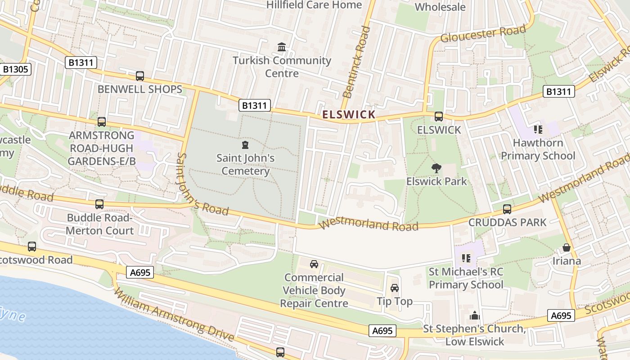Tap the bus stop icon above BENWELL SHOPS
click(140, 76)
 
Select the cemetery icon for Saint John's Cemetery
click(245, 145)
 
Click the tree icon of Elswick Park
click(436, 168)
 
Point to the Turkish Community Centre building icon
click(282, 47)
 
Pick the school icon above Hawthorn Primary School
click(538, 130)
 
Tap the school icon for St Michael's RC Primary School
click(466, 258)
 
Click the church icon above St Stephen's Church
click(475, 315)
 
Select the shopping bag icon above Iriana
click(566, 248)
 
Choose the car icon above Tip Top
click(395, 288)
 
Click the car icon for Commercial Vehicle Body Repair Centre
click(314, 264)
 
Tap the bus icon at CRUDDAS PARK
click(507, 209)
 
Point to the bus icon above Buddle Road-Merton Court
click(99, 204)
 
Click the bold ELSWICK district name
click(349, 115)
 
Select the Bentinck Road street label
click(356, 62)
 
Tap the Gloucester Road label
click(483, 34)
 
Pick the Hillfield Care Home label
click(314, 5)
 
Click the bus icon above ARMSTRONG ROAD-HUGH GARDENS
click(102, 122)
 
